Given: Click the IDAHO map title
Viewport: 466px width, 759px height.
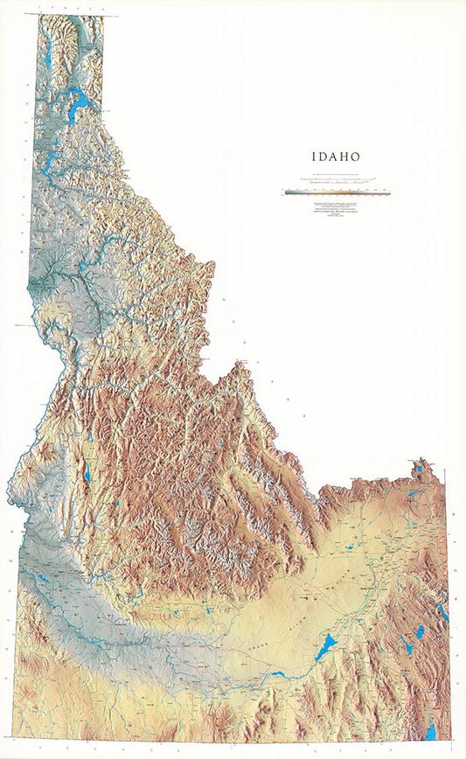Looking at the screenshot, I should pos(337,157).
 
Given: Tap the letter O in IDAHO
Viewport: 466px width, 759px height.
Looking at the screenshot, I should pos(356,157).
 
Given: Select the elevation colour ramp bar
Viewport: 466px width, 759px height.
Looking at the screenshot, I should pos(337,192).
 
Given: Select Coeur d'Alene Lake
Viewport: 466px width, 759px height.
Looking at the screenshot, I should pos(50,162).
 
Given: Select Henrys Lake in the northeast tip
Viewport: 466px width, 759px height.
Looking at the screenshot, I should pos(421,469).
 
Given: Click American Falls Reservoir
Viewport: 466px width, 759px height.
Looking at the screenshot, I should pos(324,648).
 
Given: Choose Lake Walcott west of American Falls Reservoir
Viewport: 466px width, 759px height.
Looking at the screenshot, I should pos(278,673).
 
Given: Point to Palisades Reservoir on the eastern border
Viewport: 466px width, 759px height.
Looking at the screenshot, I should pos(442,611).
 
